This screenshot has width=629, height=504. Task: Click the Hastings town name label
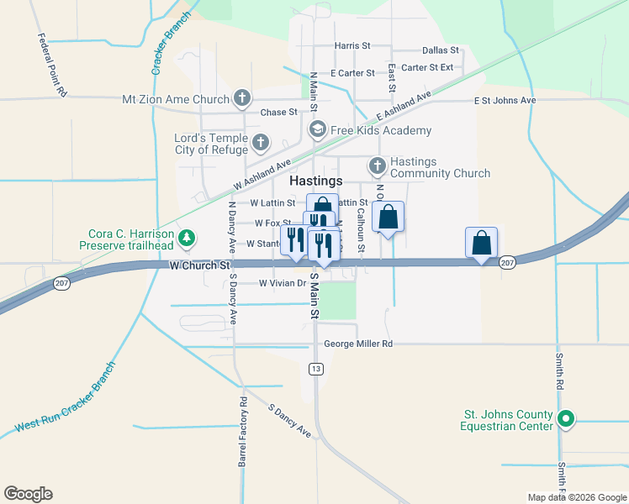[315, 181]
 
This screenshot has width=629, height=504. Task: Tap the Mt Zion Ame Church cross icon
[241, 99]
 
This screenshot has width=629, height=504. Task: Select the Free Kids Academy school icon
[317, 129]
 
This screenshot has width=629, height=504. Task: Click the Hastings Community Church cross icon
[378, 165]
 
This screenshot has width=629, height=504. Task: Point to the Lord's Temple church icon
[260, 143]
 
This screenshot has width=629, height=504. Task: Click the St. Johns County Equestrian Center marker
[567, 417]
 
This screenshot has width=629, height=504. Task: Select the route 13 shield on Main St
[315, 369]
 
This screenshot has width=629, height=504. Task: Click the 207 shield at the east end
[506, 263]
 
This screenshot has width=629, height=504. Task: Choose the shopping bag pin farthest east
[481, 243]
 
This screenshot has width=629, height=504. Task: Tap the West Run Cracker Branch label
[64, 398]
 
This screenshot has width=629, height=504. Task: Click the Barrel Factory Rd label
[242, 431]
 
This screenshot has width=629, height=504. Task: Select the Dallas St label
[440, 51]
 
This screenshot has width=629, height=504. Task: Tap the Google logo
[28, 494]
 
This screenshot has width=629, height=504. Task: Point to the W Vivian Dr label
[281, 283]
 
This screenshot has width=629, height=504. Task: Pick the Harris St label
[352, 46]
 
